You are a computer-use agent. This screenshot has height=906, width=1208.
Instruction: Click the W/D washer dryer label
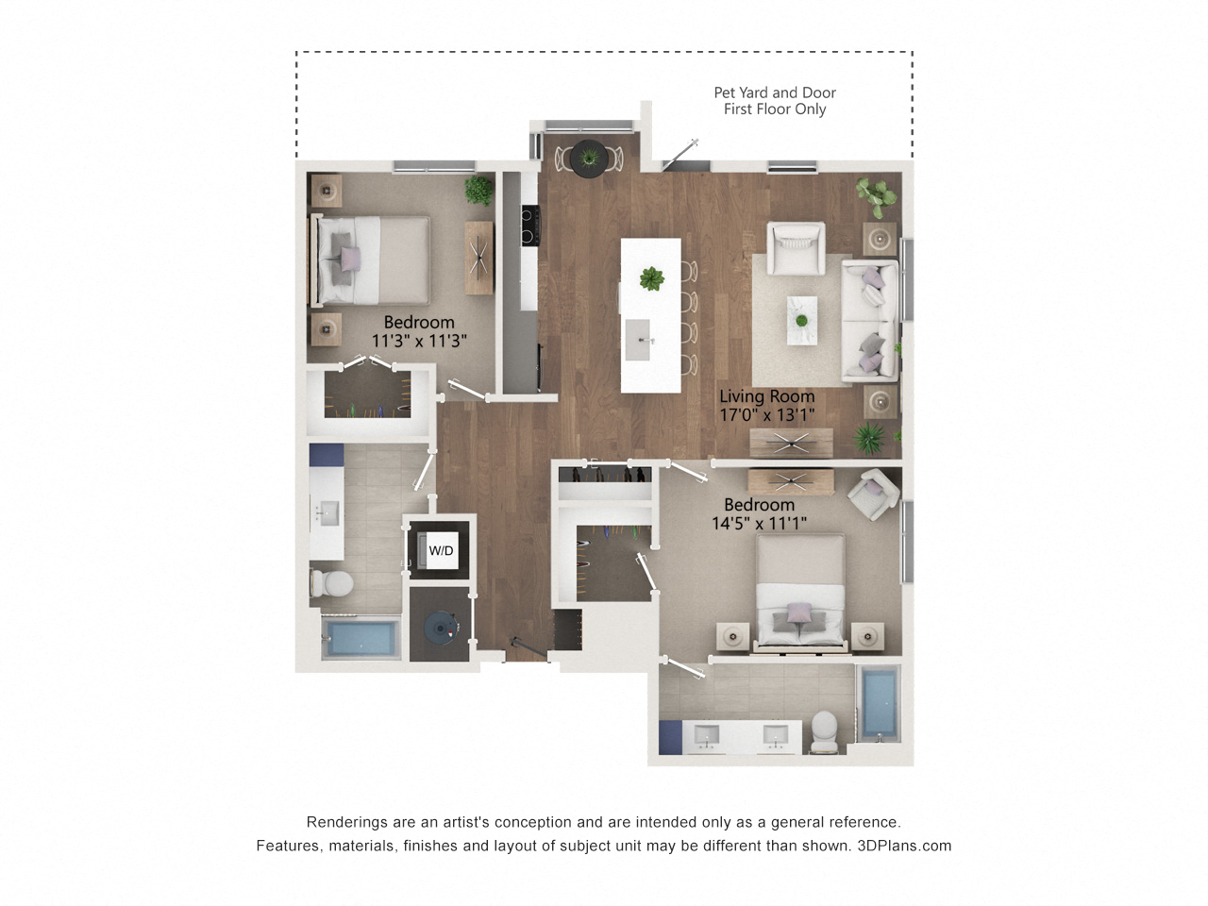(x=441, y=550)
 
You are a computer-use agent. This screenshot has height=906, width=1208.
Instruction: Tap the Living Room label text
(x=766, y=396)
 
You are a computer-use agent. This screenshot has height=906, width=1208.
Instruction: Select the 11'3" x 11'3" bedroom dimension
(x=419, y=341)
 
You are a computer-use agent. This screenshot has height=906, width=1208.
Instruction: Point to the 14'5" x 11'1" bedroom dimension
(x=759, y=523)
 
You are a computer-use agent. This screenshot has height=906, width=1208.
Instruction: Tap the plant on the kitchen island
(x=651, y=278)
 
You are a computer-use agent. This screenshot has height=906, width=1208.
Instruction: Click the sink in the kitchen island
(x=638, y=340)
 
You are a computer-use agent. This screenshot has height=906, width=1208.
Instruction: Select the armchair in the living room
(x=796, y=247)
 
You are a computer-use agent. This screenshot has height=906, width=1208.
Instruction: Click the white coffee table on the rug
(x=802, y=320)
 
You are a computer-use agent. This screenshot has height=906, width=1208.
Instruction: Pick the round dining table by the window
(x=589, y=158)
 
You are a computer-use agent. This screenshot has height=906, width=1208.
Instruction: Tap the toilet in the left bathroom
(x=330, y=583)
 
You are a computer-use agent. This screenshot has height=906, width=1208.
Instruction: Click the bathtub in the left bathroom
(x=361, y=638)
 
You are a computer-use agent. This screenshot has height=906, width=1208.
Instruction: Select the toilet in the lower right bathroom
(x=825, y=731)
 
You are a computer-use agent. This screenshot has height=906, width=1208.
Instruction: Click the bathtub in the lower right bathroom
(x=879, y=703)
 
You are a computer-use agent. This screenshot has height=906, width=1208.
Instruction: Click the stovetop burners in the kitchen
(x=530, y=225)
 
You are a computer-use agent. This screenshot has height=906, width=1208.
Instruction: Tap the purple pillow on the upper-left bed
(x=350, y=258)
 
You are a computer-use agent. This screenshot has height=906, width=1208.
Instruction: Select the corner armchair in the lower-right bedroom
(x=873, y=494)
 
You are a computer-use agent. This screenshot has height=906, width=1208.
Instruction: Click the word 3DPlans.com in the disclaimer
(x=904, y=846)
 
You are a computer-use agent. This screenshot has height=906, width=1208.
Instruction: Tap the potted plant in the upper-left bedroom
(x=478, y=191)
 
